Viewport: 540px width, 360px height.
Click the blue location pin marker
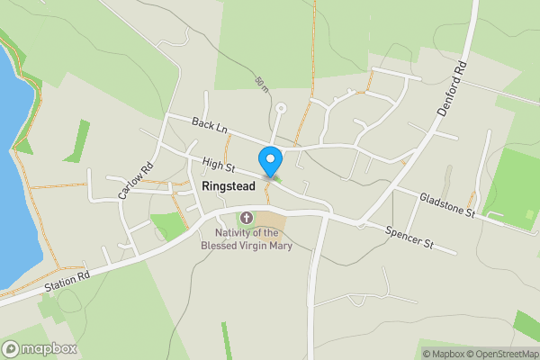(269, 161)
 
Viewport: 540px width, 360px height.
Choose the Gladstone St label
(446, 204)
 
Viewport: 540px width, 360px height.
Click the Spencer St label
(409, 237)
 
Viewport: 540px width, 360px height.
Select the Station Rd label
(67, 283)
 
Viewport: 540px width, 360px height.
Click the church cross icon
(247, 217)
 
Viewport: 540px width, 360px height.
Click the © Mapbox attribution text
(443, 353)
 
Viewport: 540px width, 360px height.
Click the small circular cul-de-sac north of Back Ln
(281, 109)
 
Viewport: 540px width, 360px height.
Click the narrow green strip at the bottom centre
(226, 342)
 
